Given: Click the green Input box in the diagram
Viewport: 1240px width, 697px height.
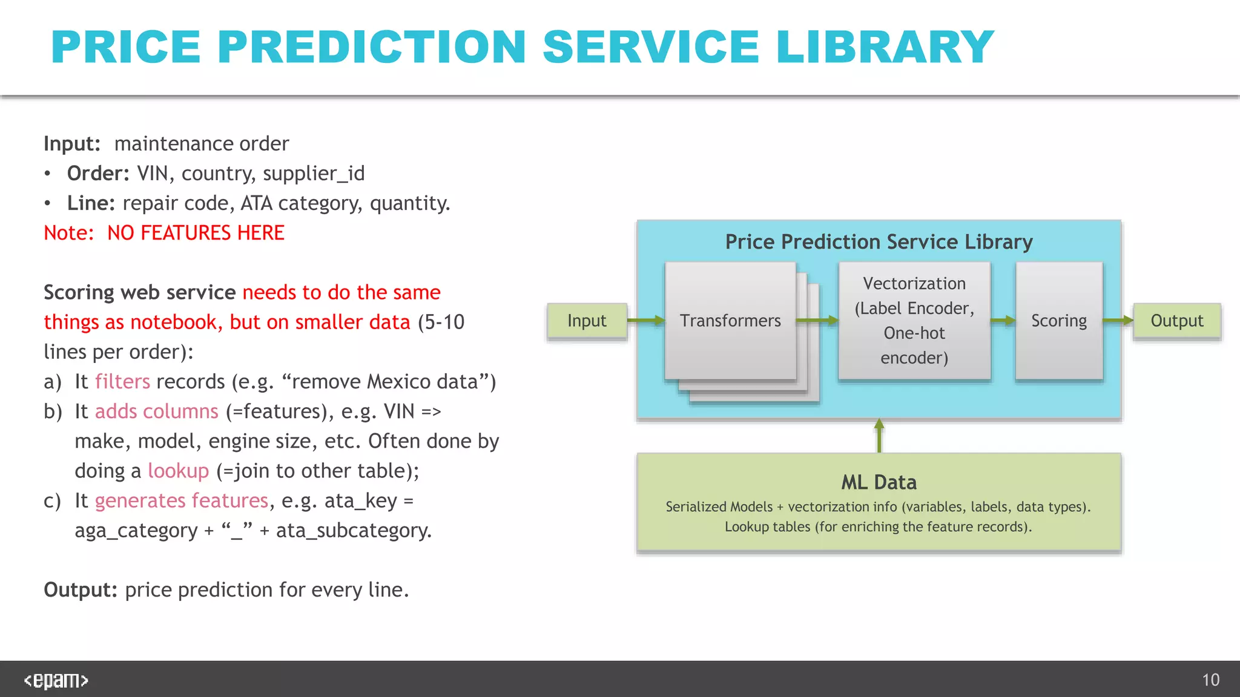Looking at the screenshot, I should [x=587, y=321].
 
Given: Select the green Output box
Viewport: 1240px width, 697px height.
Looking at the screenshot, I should [x=1176, y=321].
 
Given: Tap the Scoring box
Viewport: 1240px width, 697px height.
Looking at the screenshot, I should [x=1059, y=321].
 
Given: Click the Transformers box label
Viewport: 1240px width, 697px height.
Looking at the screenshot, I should [x=730, y=321].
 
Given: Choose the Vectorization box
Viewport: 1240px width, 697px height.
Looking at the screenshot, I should [x=914, y=321].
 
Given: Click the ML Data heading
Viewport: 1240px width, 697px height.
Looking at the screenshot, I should [x=879, y=482].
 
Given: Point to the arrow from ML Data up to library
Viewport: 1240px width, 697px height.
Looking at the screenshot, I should [x=879, y=436].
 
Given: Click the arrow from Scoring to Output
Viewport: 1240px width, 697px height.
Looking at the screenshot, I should [x=1118, y=321].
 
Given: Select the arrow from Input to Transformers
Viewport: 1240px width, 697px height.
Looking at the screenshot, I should [x=645, y=321].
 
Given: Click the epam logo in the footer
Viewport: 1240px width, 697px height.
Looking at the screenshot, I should [x=56, y=681].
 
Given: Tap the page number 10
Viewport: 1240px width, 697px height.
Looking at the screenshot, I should [x=1210, y=680].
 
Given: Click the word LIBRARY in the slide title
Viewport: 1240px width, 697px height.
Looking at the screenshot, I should [x=885, y=47].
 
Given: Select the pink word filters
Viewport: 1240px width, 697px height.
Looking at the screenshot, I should [x=122, y=382].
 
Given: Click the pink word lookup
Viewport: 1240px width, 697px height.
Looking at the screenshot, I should [x=178, y=471].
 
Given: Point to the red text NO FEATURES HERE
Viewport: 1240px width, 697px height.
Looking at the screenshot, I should [x=196, y=233].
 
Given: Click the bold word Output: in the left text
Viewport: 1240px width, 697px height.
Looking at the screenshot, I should [x=81, y=590].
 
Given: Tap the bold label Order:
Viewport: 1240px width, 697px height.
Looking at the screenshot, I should [x=98, y=174].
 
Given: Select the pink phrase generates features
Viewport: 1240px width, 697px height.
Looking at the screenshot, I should [x=181, y=500].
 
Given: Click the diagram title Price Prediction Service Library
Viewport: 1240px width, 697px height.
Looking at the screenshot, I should [x=879, y=242].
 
